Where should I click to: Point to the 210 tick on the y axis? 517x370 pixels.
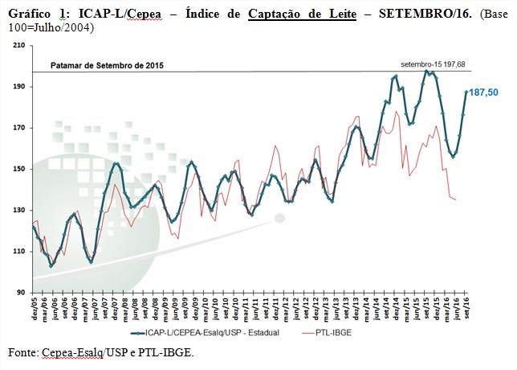[x=19, y=45]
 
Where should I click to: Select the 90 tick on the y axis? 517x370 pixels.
[x=21, y=293]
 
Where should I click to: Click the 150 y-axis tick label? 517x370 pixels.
[x=19, y=169]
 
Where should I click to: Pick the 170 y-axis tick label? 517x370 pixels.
[x=19, y=128]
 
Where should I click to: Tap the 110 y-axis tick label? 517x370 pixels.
[x=19, y=252]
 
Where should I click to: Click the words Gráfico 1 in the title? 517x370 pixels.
[x=32, y=14]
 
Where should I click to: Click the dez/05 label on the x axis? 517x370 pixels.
[x=33, y=306]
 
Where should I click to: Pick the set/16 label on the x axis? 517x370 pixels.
[x=467, y=306]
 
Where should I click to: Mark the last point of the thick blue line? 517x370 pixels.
[x=467, y=92]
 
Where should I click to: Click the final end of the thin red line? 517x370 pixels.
[x=457, y=199]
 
